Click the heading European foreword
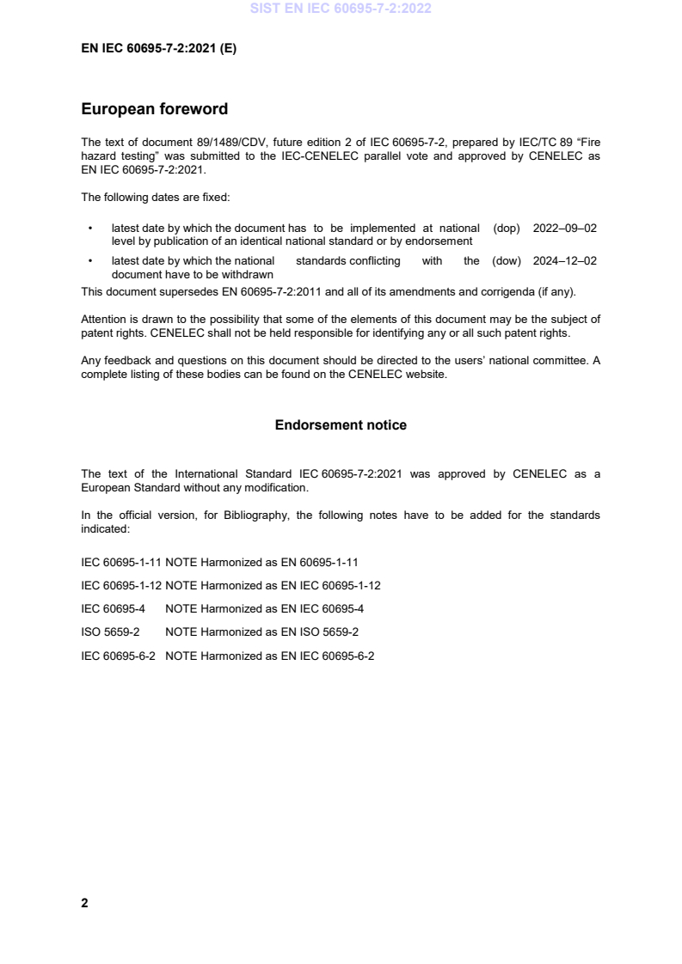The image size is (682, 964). (x=154, y=109)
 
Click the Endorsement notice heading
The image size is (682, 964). (x=341, y=425)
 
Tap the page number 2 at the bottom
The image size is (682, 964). (x=84, y=903)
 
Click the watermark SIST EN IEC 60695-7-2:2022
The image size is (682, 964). (x=341, y=9)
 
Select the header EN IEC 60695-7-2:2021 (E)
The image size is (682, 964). (x=158, y=49)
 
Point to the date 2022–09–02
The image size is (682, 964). (x=564, y=228)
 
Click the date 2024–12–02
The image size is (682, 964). (x=564, y=261)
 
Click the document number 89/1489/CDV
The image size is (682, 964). (x=214, y=139)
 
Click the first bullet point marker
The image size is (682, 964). (x=90, y=229)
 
